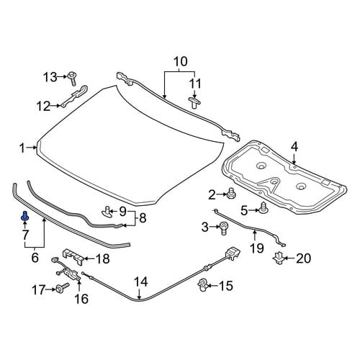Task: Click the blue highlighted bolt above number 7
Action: tap(25, 216)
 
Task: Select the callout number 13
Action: tap(50, 77)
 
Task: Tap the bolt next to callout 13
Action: tap(72, 78)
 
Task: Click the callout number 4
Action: tap(294, 147)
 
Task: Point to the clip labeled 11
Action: tap(194, 103)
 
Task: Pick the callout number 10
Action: tap(181, 62)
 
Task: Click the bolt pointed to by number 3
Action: tap(224, 228)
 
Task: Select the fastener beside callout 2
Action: tap(231, 193)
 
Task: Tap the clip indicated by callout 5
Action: tap(264, 208)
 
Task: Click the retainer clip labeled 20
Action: tap(279, 258)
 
